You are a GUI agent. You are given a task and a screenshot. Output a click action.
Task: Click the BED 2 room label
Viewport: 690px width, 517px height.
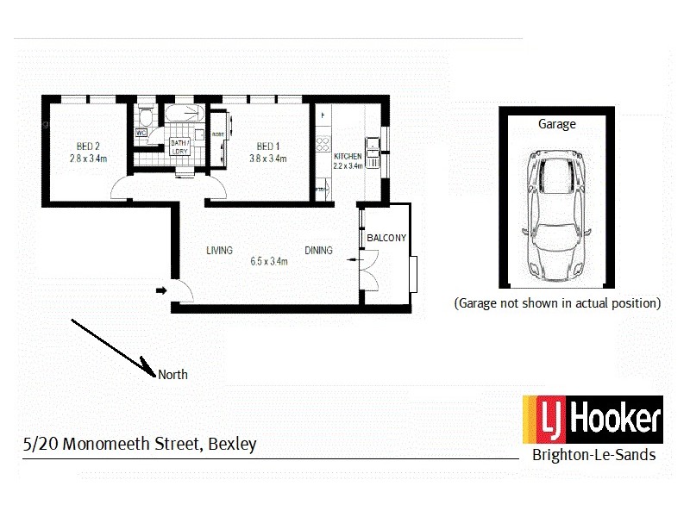point(87,146)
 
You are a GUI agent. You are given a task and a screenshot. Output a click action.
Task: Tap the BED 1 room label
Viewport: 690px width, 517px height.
point(267,146)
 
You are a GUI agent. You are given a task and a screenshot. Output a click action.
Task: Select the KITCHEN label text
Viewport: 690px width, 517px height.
point(348,156)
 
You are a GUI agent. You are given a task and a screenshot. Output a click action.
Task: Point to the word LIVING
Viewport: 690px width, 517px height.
point(219,251)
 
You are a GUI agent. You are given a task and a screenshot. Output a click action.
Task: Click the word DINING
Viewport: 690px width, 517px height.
point(318,251)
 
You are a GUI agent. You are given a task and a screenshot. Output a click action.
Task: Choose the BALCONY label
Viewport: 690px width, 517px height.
point(386,238)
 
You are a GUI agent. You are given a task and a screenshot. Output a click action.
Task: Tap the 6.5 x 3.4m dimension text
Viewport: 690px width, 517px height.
point(267,262)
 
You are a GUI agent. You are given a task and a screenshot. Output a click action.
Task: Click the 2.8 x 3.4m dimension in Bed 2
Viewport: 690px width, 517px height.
point(88,159)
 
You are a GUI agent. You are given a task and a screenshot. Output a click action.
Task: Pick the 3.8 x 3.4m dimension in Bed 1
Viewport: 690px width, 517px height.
point(267,159)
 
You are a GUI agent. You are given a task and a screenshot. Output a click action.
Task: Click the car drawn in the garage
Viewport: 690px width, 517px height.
point(556,215)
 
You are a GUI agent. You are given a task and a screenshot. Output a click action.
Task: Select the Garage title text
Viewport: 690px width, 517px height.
point(556,124)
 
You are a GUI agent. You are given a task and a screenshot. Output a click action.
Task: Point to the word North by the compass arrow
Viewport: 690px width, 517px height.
point(172,375)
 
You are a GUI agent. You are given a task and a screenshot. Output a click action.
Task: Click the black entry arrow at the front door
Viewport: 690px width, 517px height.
point(160,291)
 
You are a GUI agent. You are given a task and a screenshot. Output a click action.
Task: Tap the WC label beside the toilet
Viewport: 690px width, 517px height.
point(141,133)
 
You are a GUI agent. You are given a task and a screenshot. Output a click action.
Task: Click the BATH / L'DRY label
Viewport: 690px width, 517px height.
point(179,146)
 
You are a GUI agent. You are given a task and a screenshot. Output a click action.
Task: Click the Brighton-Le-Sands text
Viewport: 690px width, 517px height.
point(593,455)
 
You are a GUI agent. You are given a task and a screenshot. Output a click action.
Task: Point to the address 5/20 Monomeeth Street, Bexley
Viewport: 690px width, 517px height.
point(140,445)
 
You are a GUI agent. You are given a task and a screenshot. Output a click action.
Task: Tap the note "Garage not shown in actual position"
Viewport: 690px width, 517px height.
point(557,303)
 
